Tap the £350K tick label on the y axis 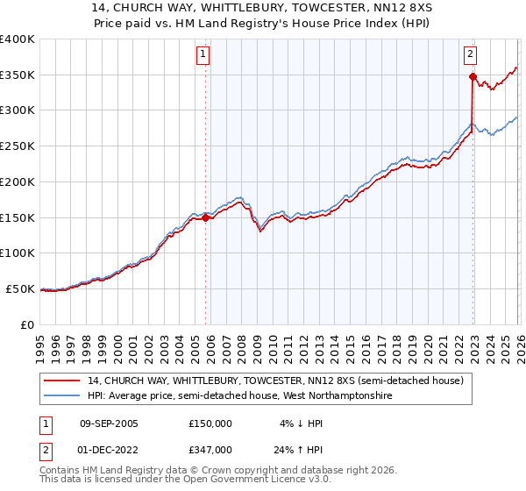(x=18, y=75)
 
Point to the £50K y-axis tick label (x=20, y=288)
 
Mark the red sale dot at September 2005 (x=206, y=218)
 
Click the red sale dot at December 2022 (x=473, y=77)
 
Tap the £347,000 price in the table (x=210, y=450)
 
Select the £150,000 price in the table (x=210, y=423)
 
